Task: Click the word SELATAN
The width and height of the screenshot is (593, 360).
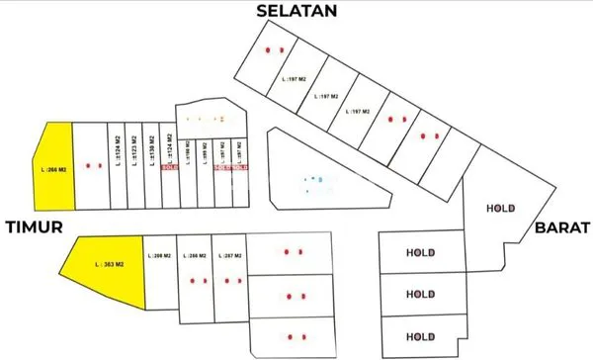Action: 296,11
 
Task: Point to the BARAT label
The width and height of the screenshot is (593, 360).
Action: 562,227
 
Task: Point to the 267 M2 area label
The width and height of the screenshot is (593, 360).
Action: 227,254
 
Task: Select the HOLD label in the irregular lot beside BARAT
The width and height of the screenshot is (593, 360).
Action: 503,208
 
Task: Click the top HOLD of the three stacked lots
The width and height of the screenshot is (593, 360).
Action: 422,252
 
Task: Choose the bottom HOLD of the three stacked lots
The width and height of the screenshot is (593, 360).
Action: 422,334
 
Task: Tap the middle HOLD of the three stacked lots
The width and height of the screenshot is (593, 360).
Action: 422,294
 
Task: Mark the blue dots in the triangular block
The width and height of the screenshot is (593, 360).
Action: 313,179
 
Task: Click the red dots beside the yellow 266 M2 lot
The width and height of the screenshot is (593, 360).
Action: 93,165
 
